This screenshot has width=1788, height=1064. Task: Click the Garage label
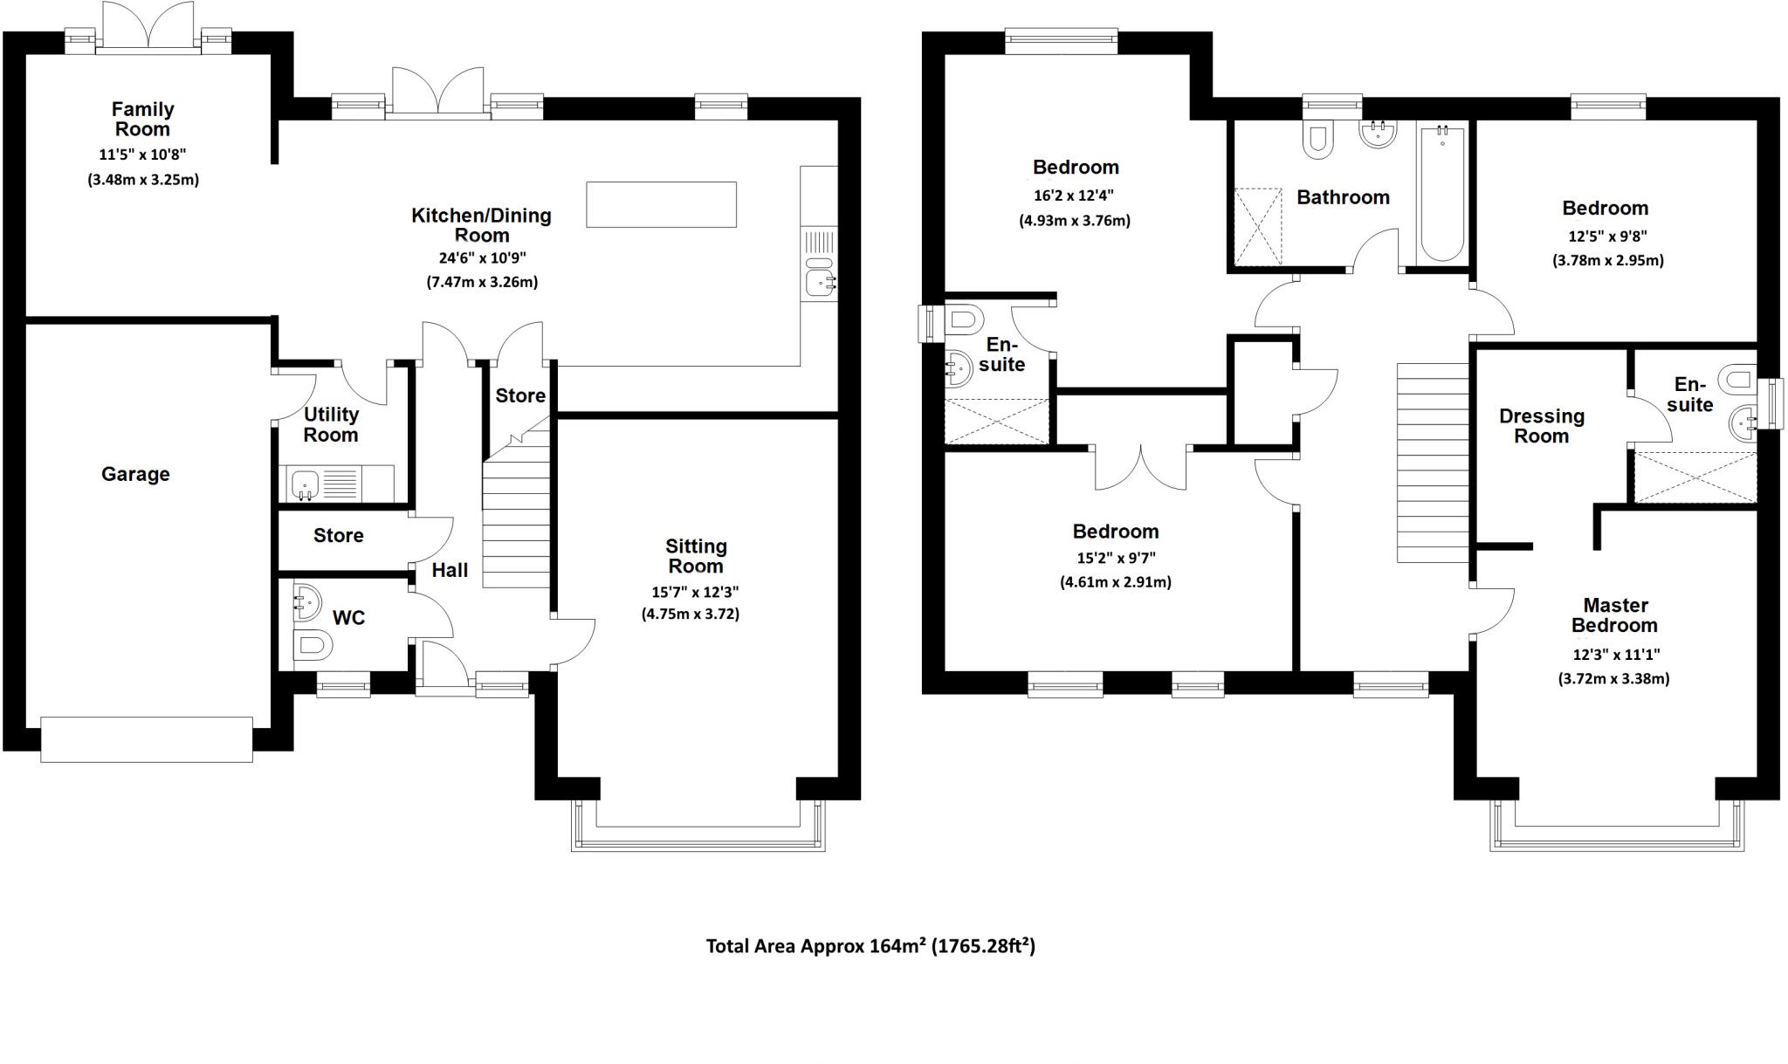click(x=135, y=474)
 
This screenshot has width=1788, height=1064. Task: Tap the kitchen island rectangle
click(x=661, y=204)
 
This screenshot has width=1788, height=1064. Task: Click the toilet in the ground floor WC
click(x=313, y=647)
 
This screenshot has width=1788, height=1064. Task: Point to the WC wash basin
click(x=306, y=601)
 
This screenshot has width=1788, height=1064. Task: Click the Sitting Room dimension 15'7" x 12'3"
click(x=695, y=592)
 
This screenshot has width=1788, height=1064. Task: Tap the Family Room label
click(x=142, y=120)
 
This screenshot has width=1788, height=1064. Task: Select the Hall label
click(x=450, y=570)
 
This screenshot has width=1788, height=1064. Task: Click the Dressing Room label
click(x=1541, y=426)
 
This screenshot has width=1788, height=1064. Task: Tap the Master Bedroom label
click(x=1614, y=615)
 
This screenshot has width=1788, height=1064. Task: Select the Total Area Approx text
click(x=870, y=946)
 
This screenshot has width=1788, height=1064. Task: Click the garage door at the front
click(x=147, y=739)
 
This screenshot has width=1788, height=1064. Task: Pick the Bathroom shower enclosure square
click(x=1258, y=227)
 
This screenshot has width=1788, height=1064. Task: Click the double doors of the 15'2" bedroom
click(x=1141, y=469)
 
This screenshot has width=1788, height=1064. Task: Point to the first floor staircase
click(x=1433, y=463)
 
